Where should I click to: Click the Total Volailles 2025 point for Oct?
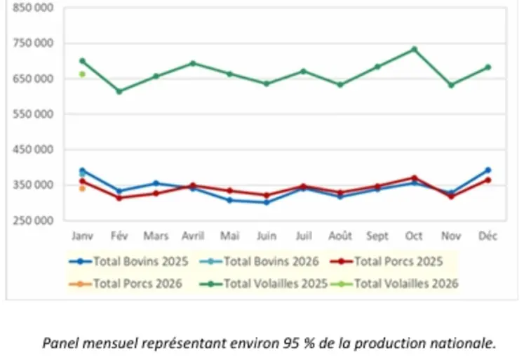coord(415,49)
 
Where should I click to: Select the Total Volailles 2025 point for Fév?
coord(119,91)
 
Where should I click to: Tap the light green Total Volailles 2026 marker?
coord(82,74)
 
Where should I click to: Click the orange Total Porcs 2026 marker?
coord(82,188)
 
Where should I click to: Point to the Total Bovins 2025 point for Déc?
coord(488,170)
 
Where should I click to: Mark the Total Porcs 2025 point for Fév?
coord(119,198)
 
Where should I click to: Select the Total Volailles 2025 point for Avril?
coord(193,63)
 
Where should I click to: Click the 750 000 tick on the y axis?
coord(34,43)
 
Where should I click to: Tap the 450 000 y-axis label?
coord(34,149)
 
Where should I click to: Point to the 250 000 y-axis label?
coord(34,220)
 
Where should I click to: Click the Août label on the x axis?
coord(340,236)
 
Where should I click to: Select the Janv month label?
coord(82,236)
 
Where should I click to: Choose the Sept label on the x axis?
coord(377,236)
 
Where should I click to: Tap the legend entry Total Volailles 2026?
coord(406,284)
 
